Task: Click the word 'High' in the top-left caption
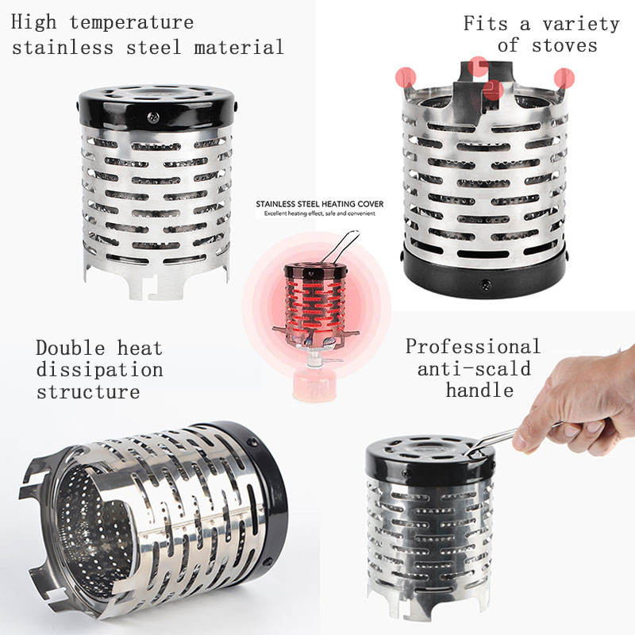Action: coord(34,22)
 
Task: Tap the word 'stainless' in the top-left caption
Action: coord(63,48)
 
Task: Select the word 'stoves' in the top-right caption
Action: coord(564,45)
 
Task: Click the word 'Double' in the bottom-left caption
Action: coord(71,348)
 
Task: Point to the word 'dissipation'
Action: coord(100,370)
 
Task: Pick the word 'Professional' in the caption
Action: coord(473,347)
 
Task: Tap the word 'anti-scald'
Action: coord(474,368)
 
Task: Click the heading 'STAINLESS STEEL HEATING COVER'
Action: coord(320,204)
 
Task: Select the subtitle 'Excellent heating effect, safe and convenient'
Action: coord(320,214)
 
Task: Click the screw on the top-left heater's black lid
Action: coord(153,117)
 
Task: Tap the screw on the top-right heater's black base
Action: coord(486,285)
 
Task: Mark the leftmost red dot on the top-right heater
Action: coord(406,77)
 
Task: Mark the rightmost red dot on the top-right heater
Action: coord(564,78)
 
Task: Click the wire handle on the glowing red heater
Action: coord(342,246)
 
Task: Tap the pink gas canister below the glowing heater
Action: coord(314,386)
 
